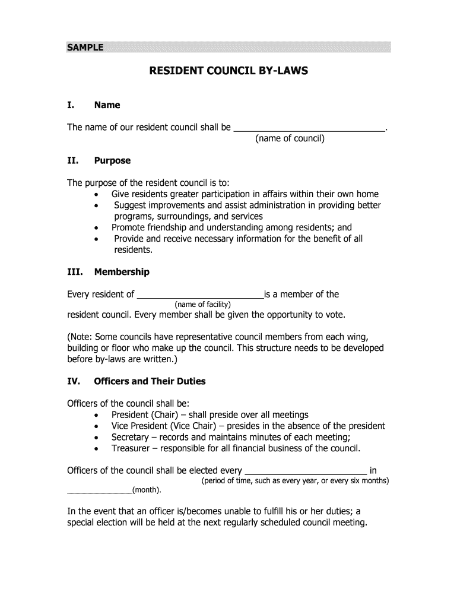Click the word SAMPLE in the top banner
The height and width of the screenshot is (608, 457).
85,47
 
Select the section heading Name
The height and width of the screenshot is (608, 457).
107,105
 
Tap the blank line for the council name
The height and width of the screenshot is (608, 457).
309,127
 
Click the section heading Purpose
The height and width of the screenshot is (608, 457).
112,161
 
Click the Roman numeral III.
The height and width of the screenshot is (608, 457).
75,272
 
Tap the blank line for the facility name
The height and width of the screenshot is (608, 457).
201,294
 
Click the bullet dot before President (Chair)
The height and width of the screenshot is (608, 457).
96,415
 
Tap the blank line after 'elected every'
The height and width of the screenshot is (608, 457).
306,471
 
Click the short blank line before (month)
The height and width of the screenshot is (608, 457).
99,490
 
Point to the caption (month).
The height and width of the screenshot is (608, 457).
146,490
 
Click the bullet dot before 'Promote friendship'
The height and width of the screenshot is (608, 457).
96,228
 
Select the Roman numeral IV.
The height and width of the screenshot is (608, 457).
75,381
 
